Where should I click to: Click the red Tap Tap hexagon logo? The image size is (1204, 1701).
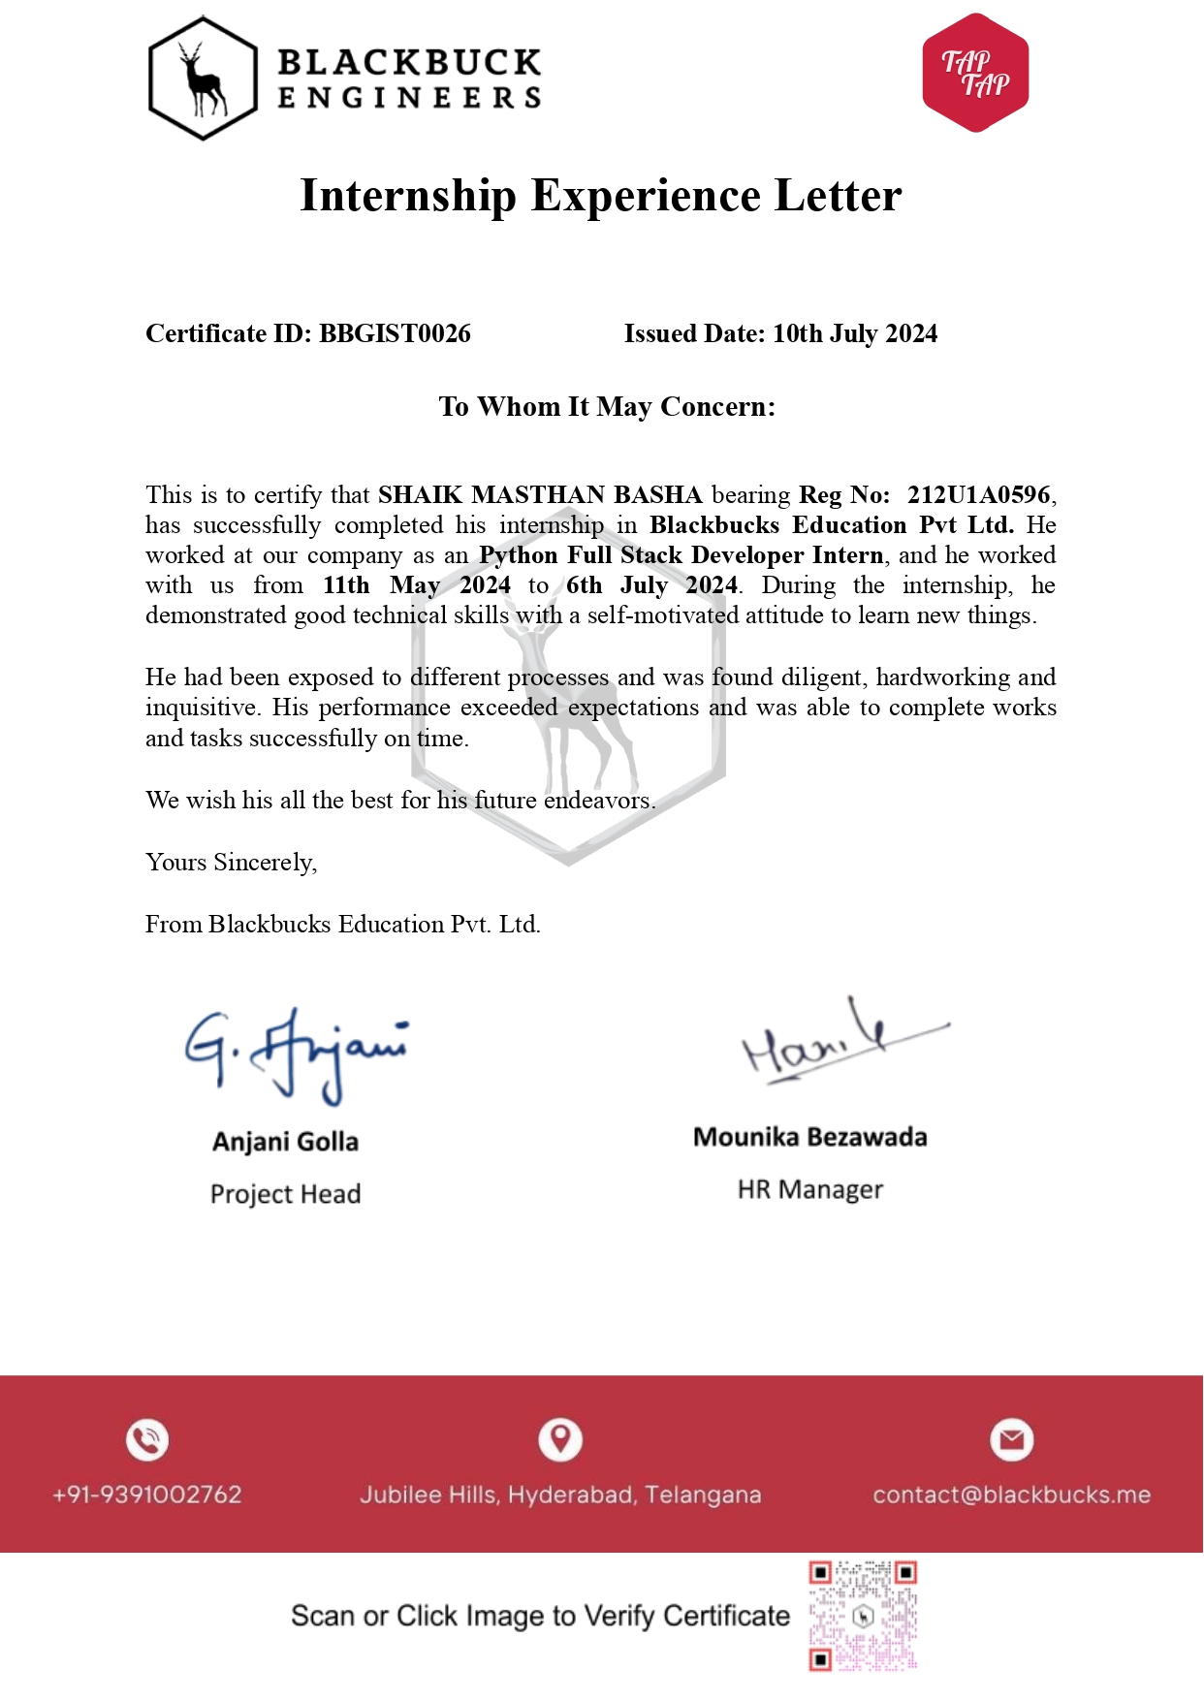[975, 73]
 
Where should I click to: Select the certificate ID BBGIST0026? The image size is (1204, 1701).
[395, 333]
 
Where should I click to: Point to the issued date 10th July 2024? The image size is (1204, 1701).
[855, 333]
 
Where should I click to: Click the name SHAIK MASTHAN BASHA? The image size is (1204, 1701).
[540, 494]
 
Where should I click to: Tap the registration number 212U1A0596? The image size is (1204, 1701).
[979, 494]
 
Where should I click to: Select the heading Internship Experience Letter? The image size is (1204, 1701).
[601, 196]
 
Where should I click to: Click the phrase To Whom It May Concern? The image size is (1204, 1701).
[607, 406]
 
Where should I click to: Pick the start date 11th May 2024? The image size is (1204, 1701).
[417, 585]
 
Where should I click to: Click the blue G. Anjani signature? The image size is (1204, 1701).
[296, 1054]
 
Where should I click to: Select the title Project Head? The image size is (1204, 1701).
[285, 1193]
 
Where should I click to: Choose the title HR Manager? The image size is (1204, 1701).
[810, 1189]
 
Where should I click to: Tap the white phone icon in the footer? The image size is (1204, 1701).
[147, 1439]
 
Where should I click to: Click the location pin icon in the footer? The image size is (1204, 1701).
[560, 1438]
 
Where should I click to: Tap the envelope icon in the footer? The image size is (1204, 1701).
[1011, 1439]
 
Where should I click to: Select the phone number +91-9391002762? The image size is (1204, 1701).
[147, 1495]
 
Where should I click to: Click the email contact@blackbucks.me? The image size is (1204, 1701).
[1011, 1495]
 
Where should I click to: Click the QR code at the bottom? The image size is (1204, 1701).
[863, 1616]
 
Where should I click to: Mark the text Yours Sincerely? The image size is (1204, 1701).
[231, 862]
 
